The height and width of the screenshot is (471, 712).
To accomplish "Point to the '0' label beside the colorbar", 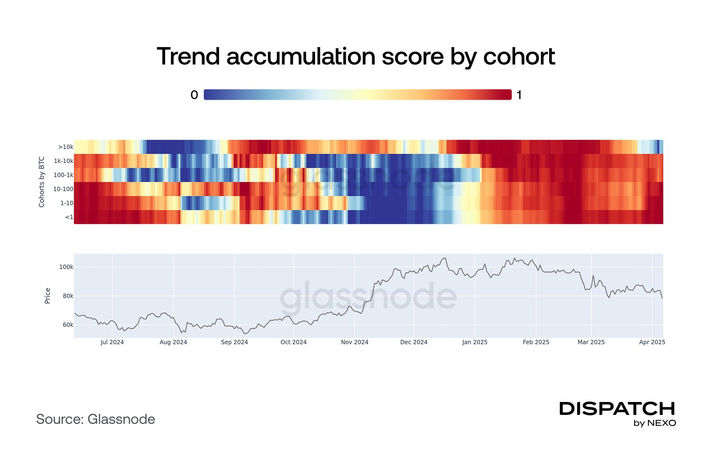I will click(194, 95).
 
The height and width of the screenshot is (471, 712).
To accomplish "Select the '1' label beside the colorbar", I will click(519, 95).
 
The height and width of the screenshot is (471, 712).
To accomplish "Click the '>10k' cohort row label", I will click(65, 147).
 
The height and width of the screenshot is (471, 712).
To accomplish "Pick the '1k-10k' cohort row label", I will click(63, 161).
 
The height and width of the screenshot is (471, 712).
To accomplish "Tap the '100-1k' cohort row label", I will click(63, 175).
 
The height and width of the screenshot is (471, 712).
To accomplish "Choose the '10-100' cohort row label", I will click(63, 189).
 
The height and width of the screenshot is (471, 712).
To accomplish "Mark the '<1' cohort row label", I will click(69, 217).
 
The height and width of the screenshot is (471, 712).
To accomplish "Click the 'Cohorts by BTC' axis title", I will click(42, 182).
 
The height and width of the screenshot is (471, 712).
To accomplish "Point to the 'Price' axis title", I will click(48, 296).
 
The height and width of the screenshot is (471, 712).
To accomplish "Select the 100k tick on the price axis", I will click(66, 267).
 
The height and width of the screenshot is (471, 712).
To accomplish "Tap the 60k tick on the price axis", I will click(68, 325).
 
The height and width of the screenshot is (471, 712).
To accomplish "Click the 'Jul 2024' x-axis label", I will click(112, 342).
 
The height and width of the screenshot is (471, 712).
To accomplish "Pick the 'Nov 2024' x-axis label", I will click(355, 342).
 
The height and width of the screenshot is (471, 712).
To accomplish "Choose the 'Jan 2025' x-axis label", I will click(475, 342).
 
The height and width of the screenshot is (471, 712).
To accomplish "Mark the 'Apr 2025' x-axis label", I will click(652, 342).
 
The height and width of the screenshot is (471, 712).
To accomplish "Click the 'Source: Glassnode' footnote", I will click(96, 419).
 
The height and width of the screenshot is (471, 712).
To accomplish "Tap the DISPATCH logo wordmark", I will click(617, 409).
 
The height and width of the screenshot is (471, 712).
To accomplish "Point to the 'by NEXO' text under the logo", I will click(655, 423).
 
